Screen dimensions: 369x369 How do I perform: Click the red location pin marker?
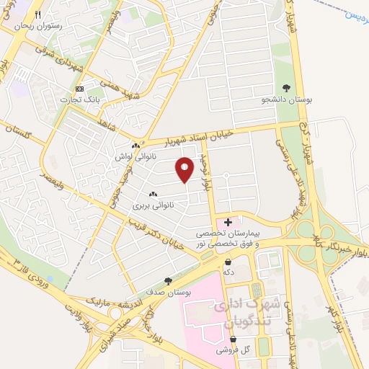click(x=185, y=169)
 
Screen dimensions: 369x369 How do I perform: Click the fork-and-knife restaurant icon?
click(x=38, y=14)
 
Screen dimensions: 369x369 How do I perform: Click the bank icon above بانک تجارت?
click(x=79, y=89)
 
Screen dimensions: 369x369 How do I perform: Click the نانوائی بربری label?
click(x=151, y=205)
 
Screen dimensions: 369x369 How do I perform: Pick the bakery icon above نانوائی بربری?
click(x=152, y=195)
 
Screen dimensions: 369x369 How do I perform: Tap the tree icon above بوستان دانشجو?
click(x=287, y=87)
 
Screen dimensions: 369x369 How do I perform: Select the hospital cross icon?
click(x=228, y=222)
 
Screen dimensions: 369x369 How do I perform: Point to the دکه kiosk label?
click(x=228, y=272)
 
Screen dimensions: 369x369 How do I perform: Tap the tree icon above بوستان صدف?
click(x=169, y=281)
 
